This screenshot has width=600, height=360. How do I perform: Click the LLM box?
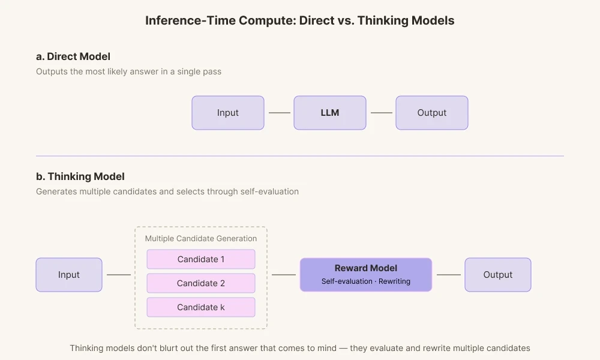pyautogui.click(x=329, y=113)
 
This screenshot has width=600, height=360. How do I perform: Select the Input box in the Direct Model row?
pyautogui.click(x=227, y=113)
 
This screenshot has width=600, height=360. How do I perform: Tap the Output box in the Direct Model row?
pyautogui.click(x=431, y=113)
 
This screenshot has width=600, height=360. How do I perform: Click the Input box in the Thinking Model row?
pyautogui.click(x=68, y=275)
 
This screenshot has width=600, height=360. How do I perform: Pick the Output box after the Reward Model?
pyautogui.click(x=497, y=275)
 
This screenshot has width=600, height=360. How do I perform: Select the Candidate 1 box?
pyautogui.click(x=200, y=259)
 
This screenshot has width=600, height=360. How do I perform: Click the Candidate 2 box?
pyautogui.click(x=200, y=283)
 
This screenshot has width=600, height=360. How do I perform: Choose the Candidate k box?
pyautogui.click(x=200, y=307)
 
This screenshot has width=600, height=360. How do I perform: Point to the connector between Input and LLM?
pyautogui.click(x=278, y=113)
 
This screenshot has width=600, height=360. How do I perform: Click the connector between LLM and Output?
pyautogui.click(x=380, y=113)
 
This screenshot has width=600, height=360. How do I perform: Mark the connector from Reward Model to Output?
pyautogui.click(x=448, y=275)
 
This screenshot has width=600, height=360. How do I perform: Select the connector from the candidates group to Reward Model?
pyautogui.click(x=283, y=275)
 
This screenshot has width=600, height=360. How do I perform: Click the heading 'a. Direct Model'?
pyautogui.click(x=73, y=57)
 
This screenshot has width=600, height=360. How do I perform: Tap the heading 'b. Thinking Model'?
pyautogui.click(x=80, y=177)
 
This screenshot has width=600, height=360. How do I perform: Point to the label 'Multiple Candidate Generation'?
pyautogui.click(x=200, y=238)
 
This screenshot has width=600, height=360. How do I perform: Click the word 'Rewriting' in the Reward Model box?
pyautogui.click(x=394, y=281)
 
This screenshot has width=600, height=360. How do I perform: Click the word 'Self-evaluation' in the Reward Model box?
pyautogui.click(x=347, y=281)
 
